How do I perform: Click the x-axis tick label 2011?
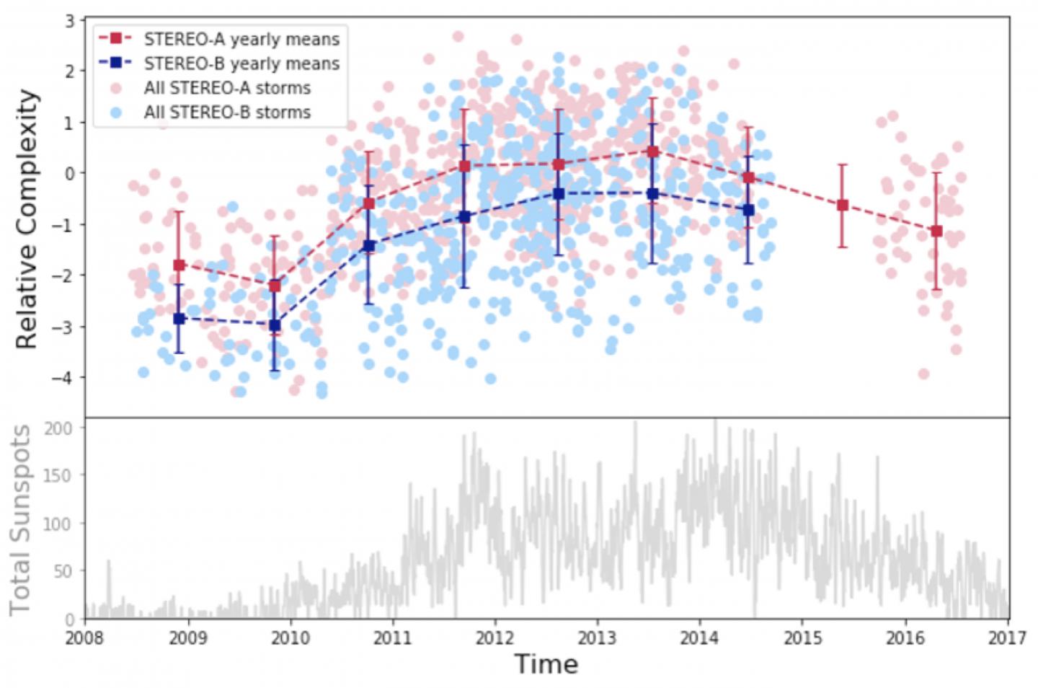point(393,638)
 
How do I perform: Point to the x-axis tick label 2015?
point(803,638)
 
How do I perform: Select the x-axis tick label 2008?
point(85,638)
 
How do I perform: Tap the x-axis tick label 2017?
point(1007,638)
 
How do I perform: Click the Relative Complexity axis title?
point(27,219)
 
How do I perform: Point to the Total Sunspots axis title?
point(20,520)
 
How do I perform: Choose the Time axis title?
point(546,664)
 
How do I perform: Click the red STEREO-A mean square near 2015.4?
point(842,206)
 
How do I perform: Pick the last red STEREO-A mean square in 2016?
point(936,231)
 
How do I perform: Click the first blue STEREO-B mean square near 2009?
point(179,319)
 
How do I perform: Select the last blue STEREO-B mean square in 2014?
point(749,210)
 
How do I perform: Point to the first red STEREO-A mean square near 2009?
point(179,265)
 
